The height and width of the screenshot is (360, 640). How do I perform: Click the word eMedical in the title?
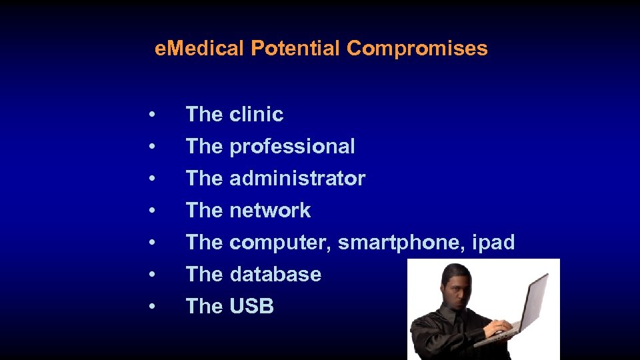click(x=200, y=49)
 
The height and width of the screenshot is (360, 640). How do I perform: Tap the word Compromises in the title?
click(x=417, y=49)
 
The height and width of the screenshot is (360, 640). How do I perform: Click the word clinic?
click(x=257, y=115)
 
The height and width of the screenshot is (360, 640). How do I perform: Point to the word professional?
click(x=292, y=147)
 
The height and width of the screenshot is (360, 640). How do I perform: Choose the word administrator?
click(x=297, y=179)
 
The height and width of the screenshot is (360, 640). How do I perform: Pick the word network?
click(x=270, y=211)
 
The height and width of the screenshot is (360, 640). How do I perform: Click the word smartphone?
click(x=402, y=243)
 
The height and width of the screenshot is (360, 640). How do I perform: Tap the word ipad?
click(x=493, y=243)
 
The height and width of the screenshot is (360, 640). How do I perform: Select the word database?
click(x=275, y=275)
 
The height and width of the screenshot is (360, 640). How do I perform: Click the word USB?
click(x=251, y=307)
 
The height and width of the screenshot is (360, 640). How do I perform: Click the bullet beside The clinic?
click(x=153, y=115)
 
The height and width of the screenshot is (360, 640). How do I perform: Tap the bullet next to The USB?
click(x=153, y=307)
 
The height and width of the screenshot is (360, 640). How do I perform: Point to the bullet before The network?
click(x=153, y=211)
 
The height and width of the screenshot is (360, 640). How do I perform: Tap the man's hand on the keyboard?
click(x=497, y=327)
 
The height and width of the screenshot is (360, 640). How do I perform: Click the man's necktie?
click(x=459, y=333)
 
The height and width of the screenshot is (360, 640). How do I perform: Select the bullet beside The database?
click(x=153, y=275)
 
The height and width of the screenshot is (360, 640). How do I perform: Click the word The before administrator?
click(x=204, y=179)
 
